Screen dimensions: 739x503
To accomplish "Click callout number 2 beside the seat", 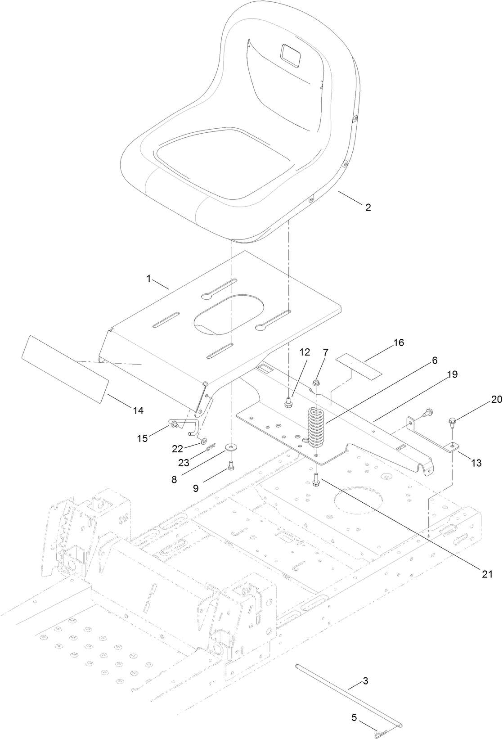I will click(x=368, y=207).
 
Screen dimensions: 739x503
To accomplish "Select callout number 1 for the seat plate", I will click(x=148, y=279).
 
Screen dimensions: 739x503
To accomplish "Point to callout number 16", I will click(x=399, y=342).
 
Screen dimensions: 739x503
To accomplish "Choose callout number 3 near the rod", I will click(x=365, y=682).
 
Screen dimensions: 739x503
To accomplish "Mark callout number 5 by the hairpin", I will click(x=355, y=705).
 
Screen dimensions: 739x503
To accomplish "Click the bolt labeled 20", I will click(x=451, y=422).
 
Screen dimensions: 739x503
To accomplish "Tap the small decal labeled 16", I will click(x=359, y=365).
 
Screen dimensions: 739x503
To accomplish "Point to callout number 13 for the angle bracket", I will click(x=476, y=462).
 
